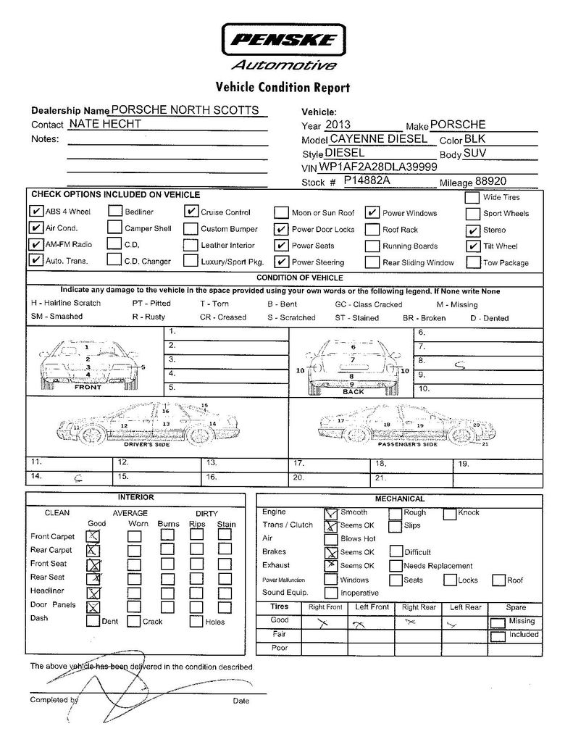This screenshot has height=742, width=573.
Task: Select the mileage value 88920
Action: (490, 181)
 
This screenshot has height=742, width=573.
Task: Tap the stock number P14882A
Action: (367, 180)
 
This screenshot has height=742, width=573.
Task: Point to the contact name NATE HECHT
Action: (105, 124)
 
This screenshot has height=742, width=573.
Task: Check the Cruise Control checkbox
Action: (191, 212)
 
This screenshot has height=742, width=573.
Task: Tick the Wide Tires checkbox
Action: (472, 197)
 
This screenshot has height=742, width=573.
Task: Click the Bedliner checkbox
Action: (114, 212)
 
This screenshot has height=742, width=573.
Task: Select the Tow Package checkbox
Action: (472, 262)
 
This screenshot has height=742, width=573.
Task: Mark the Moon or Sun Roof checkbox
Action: (281, 212)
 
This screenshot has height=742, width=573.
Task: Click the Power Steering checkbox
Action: (281, 262)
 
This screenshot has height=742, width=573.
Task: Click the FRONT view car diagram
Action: (88, 362)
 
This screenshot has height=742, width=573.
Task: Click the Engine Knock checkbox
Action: (450, 514)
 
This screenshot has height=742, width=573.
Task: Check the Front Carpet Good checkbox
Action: (93, 536)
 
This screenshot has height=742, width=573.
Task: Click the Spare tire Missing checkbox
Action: (498, 622)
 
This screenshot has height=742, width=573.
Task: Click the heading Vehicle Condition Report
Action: (283, 88)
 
